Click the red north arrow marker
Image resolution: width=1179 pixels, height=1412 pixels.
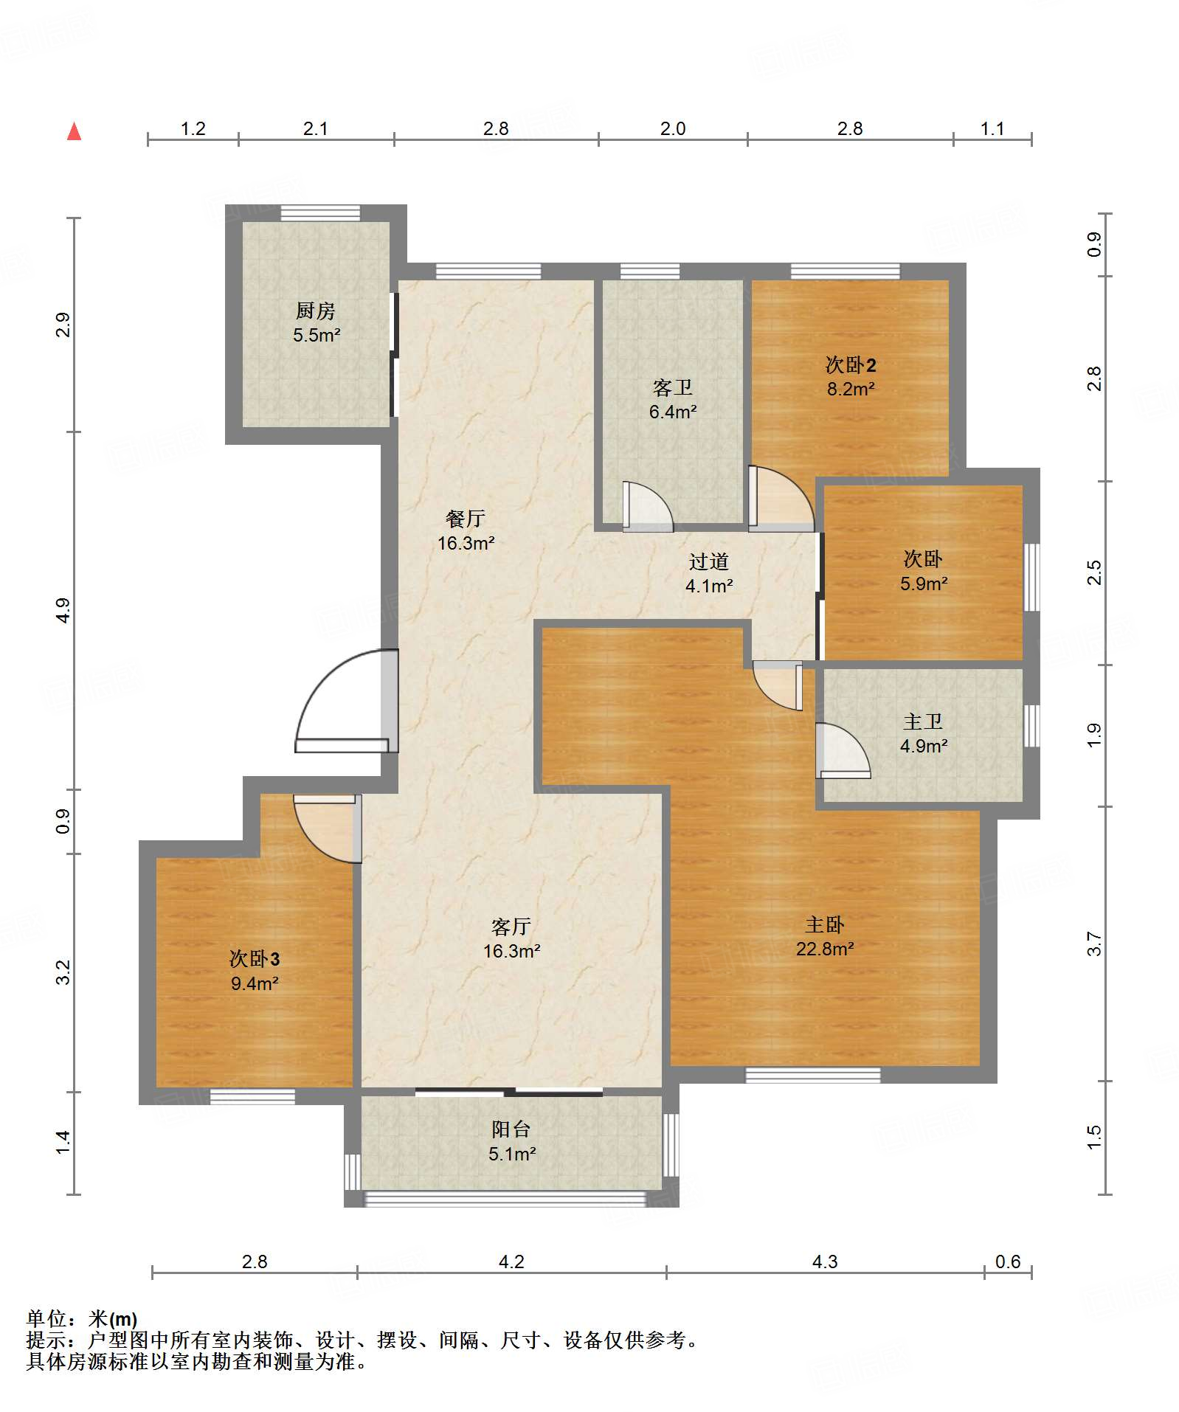pos(74,131)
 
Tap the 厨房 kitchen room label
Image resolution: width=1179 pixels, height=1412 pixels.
pos(316,311)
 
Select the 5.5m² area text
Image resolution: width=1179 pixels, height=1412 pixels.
pos(317,335)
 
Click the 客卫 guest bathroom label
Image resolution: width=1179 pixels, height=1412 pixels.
pos(672,387)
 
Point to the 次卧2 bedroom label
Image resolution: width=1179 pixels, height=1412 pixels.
pos(851,364)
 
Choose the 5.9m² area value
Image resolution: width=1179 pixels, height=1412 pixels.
pos(924,584)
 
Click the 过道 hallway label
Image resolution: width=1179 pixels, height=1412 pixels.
pos(709,561)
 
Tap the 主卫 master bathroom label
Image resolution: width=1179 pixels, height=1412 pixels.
pos(923,721)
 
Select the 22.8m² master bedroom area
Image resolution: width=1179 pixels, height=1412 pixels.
pos(825,949)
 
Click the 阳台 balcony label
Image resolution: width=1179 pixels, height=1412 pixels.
pos(511,1129)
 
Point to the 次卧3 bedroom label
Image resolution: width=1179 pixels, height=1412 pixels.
pos(255,959)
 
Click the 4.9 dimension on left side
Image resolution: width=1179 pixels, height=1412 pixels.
pos(63,611)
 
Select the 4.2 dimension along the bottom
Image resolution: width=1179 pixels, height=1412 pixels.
pos(511,1262)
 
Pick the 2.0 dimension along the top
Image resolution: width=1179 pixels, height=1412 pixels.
pos(673,129)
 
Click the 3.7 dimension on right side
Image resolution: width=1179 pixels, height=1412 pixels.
pos(1094,944)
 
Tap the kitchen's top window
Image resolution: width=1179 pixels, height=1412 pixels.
pos(320,213)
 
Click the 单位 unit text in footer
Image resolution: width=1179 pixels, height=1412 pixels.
pos(46,1318)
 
